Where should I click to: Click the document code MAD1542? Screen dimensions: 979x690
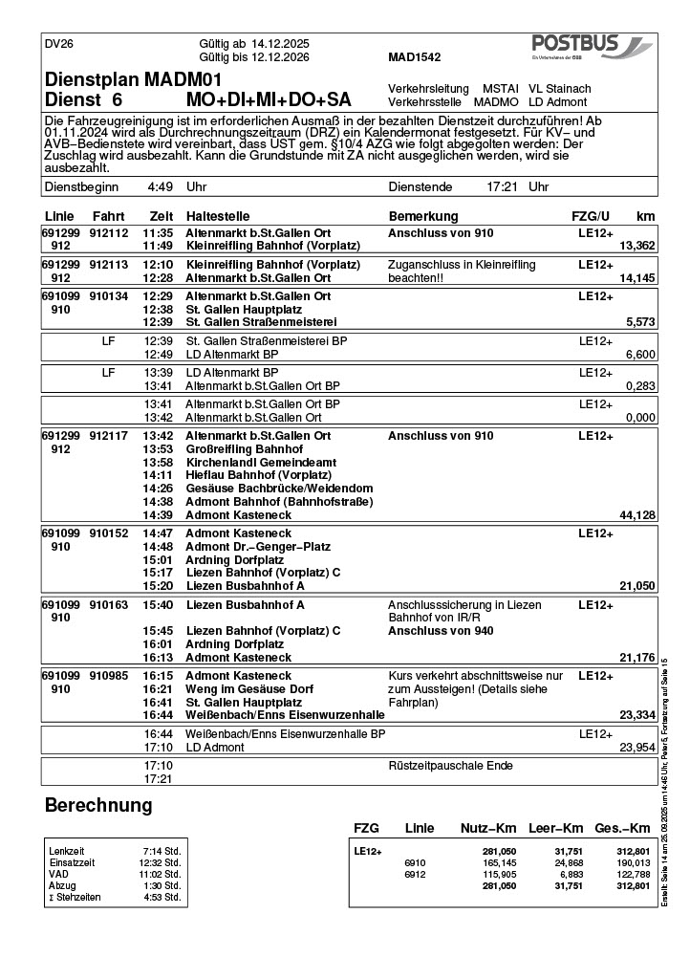point(415,57)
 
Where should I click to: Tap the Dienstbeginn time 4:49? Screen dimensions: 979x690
point(160,187)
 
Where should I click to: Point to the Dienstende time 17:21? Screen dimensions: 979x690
point(503,187)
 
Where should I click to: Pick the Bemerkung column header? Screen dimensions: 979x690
point(423,216)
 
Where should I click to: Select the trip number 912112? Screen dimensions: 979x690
point(109,232)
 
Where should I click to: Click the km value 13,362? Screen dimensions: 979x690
point(637,246)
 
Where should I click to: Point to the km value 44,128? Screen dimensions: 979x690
point(637,515)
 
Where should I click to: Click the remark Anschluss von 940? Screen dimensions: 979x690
point(441,631)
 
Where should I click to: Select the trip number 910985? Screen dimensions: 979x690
point(109,675)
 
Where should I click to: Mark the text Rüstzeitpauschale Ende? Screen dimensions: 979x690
point(450,766)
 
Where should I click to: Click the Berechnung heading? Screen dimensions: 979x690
point(98,806)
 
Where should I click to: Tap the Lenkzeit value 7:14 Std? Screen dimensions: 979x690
point(161,850)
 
